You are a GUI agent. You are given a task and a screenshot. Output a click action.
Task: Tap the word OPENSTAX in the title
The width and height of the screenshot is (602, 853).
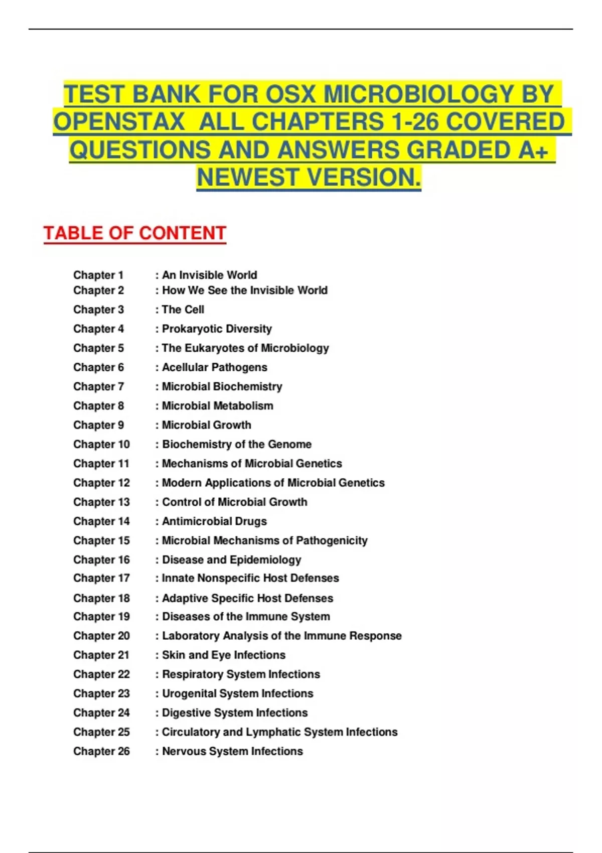point(119,122)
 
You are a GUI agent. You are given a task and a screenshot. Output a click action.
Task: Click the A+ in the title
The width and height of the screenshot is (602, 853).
point(533,150)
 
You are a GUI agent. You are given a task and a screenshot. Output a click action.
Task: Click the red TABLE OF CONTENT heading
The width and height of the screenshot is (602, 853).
point(134,233)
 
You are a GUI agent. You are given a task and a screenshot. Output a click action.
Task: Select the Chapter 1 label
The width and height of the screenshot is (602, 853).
point(98,275)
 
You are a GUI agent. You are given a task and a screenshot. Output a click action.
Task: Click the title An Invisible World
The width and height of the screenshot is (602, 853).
point(209,275)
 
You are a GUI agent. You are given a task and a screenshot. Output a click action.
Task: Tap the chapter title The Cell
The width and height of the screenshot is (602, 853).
point(183,310)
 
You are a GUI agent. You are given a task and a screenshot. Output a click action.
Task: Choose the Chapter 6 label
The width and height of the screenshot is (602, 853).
point(98,367)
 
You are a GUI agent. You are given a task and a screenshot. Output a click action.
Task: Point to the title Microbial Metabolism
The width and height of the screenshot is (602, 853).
point(217,406)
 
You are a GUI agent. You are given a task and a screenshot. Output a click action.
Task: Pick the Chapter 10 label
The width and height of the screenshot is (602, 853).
point(101,445)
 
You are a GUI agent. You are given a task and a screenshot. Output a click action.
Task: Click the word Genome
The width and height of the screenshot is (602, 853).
point(289,445)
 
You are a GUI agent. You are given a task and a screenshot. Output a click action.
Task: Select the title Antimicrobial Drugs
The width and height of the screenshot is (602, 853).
point(214,521)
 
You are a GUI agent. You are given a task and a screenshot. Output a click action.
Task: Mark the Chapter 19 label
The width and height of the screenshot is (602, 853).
point(101,617)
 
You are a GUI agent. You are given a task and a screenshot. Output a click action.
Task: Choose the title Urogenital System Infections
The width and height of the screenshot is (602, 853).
point(237,693)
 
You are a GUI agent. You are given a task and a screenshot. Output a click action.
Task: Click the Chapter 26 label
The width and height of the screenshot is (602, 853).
point(101,751)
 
